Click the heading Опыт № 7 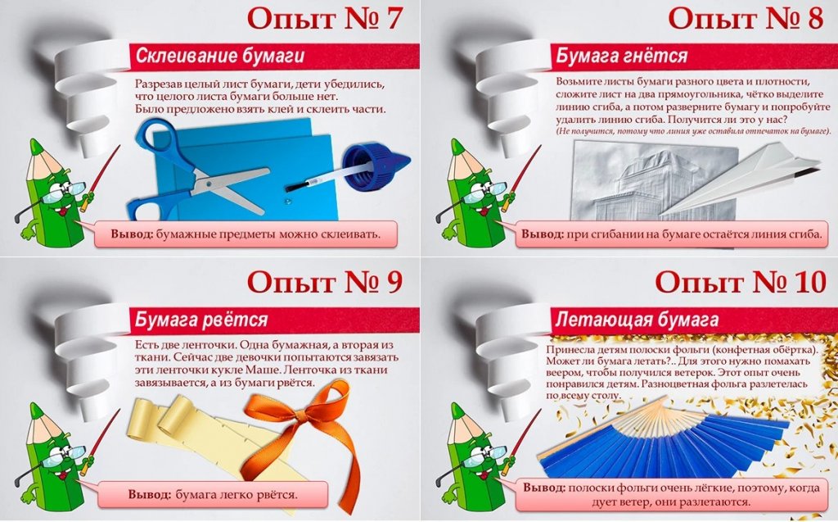pos(324,19)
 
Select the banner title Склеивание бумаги pos(219,56)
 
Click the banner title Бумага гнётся pos(622,56)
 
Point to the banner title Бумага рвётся pos(201,320)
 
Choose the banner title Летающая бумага pos(637,320)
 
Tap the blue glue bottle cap pos(376,167)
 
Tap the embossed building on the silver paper pos(642,184)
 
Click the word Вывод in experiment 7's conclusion pos(132,234)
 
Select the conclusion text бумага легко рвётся pos(236,494)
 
